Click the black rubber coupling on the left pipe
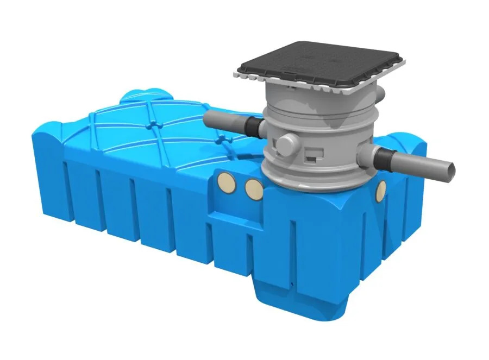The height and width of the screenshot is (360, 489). click(x=252, y=126)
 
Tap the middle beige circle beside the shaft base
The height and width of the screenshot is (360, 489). click(x=253, y=188)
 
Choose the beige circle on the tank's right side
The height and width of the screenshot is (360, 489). click(x=381, y=189)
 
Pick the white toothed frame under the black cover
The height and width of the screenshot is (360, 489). click(x=326, y=86)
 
